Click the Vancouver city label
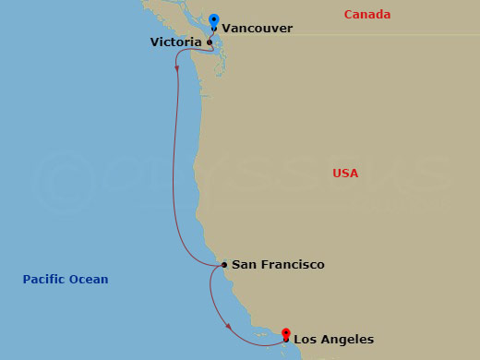point(258,29)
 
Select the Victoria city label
point(176,42)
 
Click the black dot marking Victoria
point(210,42)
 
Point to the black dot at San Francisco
point(224,266)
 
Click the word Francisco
point(291,265)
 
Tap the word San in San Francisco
point(243,265)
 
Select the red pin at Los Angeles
point(286,333)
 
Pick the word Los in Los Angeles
point(305,340)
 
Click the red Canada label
point(366,15)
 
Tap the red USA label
point(345,174)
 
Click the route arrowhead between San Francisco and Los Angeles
point(228,325)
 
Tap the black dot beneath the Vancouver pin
point(214,29)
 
